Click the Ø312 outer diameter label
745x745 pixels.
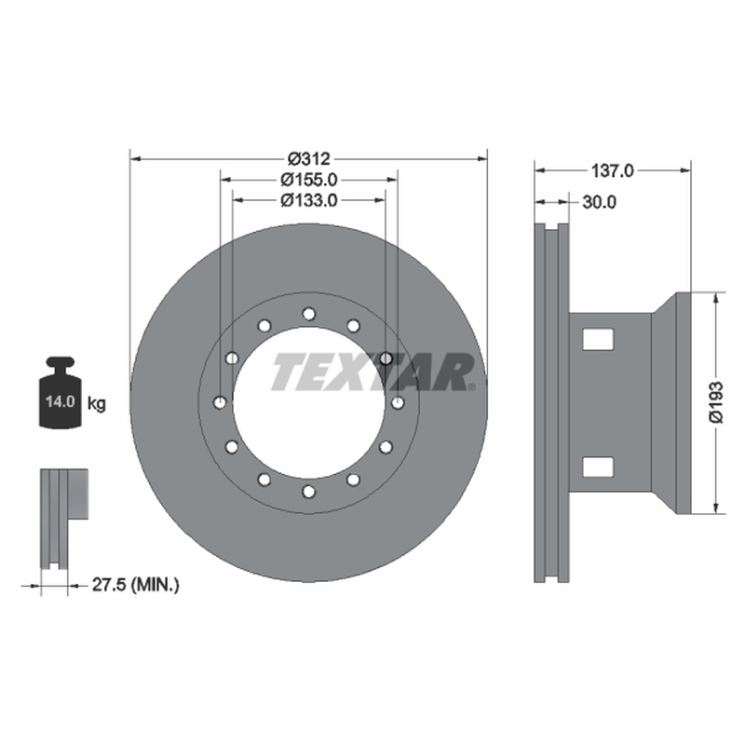(309, 158)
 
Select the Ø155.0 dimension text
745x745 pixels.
(309, 180)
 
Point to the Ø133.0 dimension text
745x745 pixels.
(309, 200)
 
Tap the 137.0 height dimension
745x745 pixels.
(612, 170)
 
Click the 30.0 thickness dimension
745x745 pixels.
(599, 202)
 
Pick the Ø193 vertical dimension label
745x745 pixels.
(715, 402)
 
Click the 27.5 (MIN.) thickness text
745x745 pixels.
(135, 585)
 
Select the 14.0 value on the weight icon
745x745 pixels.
(61, 402)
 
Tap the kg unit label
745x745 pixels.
(97, 404)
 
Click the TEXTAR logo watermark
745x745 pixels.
(373, 372)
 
